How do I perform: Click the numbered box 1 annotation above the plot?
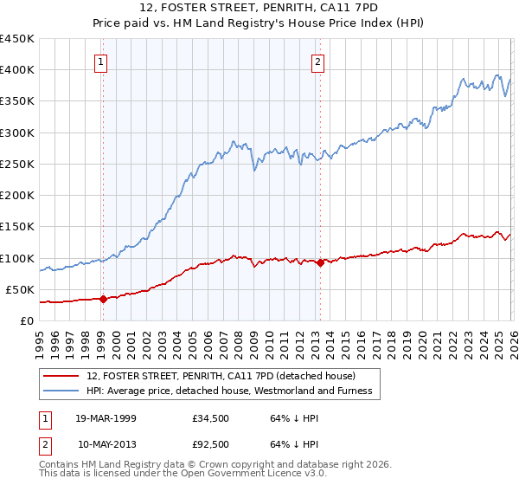coord(102,61)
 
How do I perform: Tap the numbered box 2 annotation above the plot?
coord(318,61)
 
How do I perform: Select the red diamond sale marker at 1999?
coord(103,299)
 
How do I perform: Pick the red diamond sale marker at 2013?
coord(320,262)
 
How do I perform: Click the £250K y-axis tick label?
coord(17,164)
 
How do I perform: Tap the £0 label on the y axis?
coord(27,320)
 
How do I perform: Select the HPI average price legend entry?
coord(229,391)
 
